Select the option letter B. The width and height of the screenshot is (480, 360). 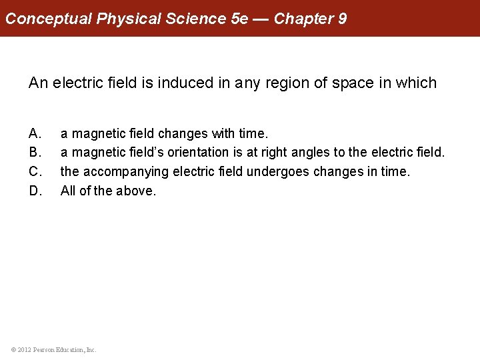coord(35,153)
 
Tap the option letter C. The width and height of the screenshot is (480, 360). coord(35,172)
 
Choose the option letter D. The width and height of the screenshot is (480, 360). coord(35,191)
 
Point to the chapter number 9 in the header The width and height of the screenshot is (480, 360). coord(342,19)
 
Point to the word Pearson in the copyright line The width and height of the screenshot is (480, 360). coord(44,349)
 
